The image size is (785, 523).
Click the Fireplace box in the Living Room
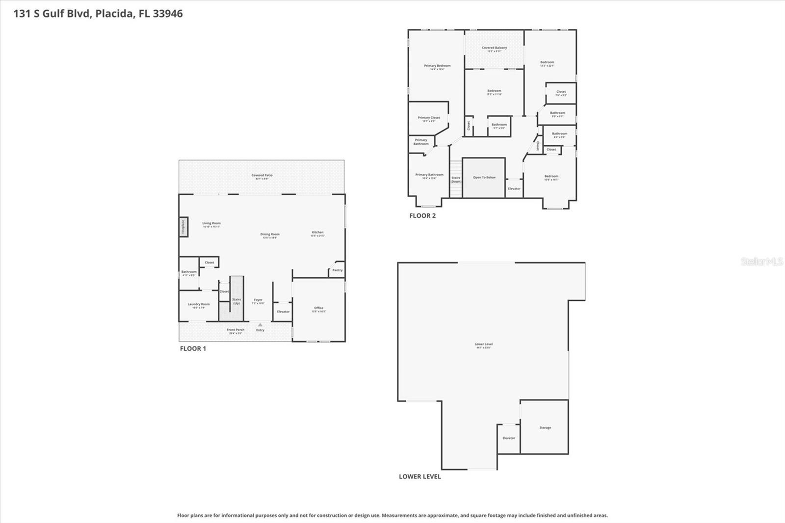(x=183, y=227)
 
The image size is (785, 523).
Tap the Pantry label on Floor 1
(x=338, y=270)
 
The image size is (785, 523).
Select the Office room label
(x=319, y=308)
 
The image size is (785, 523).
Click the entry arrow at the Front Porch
(x=260, y=325)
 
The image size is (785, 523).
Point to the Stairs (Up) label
(x=236, y=301)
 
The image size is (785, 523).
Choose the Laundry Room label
(x=199, y=304)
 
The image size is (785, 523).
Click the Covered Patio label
(x=262, y=176)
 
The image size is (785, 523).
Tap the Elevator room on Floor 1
(x=283, y=312)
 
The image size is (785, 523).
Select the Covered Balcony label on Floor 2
(x=494, y=48)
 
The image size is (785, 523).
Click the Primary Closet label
(x=429, y=118)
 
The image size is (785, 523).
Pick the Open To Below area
(x=484, y=178)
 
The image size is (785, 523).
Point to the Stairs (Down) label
(x=456, y=180)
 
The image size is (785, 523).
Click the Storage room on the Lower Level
(x=545, y=428)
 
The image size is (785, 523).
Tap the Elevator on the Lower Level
(x=509, y=438)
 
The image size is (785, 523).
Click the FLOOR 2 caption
(x=422, y=216)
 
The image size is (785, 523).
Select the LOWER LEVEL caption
(x=419, y=476)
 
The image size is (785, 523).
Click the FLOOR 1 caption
(x=193, y=349)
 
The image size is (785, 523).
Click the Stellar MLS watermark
(x=762, y=261)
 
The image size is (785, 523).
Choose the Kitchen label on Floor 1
(x=318, y=233)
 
